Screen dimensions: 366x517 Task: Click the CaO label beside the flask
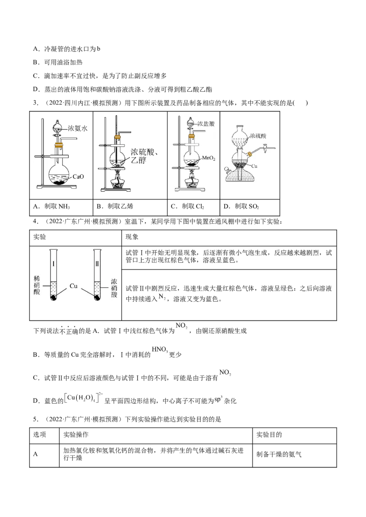click(x=78, y=177)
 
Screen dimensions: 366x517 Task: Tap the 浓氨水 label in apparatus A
click(x=78, y=128)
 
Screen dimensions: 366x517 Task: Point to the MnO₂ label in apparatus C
click(x=209, y=158)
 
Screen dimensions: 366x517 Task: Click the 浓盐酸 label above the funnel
click(x=206, y=124)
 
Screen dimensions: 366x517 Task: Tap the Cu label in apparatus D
click(x=254, y=166)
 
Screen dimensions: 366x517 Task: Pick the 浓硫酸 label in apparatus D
click(x=258, y=136)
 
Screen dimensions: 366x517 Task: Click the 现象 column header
click(x=132, y=237)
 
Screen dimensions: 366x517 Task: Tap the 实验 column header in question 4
click(x=40, y=237)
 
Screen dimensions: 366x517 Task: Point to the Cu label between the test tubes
click(x=73, y=286)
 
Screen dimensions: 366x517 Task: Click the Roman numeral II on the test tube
click(x=97, y=264)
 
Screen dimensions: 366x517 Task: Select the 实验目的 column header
click(x=269, y=435)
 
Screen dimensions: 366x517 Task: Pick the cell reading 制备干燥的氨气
click(x=279, y=454)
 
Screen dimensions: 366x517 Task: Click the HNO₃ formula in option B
click(x=160, y=349)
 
